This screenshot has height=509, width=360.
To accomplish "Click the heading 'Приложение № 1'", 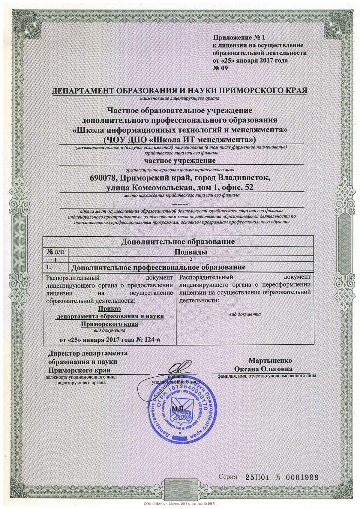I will (239, 38).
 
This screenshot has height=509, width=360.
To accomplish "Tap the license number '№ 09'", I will (220, 68).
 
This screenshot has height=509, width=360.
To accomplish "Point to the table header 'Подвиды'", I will (191, 252).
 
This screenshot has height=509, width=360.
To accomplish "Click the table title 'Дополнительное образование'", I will (178, 241).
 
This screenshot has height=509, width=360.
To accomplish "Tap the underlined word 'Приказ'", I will (109, 308).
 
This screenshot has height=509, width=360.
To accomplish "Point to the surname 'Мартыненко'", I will (270, 361).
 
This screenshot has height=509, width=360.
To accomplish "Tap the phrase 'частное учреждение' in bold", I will (180, 160).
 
